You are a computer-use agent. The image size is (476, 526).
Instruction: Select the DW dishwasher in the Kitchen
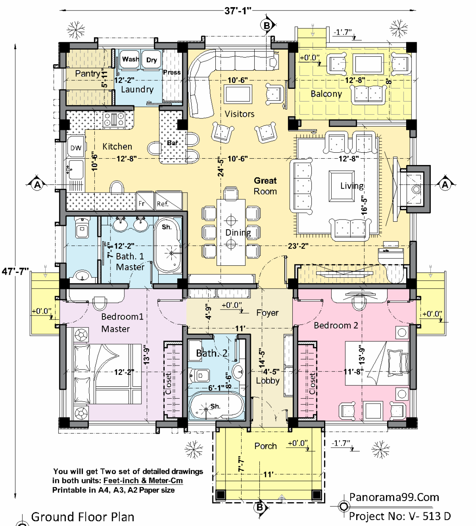tap(76, 147)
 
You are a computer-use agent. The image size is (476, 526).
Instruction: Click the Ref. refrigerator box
tap(168, 201)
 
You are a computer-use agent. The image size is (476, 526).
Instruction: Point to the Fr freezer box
tap(145, 201)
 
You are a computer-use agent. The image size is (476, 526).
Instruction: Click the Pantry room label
tap(88, 74)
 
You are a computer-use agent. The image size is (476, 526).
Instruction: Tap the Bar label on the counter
tap(172, 143)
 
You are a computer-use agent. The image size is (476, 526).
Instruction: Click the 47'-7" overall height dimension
tap(15, 271)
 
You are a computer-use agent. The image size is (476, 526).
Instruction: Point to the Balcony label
tap(326, 94)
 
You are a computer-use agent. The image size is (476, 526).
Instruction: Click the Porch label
tap(265, 446)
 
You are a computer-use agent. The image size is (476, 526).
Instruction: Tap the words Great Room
tap(265, 186)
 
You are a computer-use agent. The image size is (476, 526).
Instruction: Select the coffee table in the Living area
tap(342, 186)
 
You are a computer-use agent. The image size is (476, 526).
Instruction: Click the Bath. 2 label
tap(212, 353)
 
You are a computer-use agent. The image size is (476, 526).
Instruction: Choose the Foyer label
tap(267, 313)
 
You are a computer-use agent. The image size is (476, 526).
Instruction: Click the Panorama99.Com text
tap(394, 497)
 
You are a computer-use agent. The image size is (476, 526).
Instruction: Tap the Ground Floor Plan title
tap(83, 517)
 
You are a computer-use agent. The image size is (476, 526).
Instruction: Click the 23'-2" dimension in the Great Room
tap(298, 246)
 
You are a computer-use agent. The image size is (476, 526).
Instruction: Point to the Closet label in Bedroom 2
tap(312, 384)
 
